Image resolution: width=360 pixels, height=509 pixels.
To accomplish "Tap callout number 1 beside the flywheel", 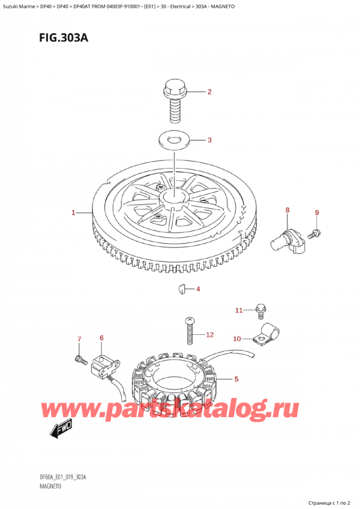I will [x=73, y=212].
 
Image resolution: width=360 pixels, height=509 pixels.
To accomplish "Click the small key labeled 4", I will [x=179, y=290].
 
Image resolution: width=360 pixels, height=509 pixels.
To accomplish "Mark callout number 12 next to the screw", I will [x=209, y=334].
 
